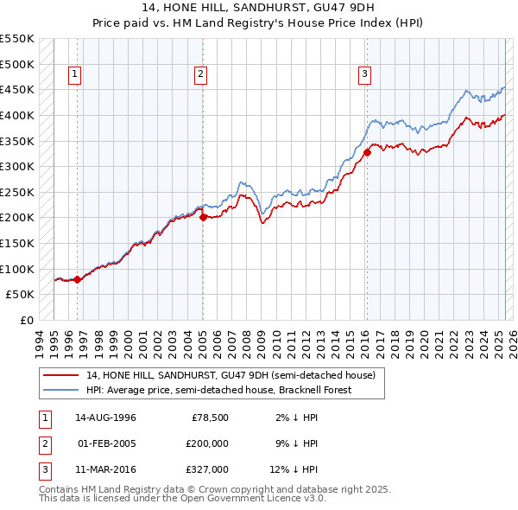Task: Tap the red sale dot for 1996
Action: (x=77, y=279)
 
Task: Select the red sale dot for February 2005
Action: (x=203, y=218)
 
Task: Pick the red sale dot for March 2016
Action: (x=367, y=153)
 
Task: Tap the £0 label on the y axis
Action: (x=25, y=320)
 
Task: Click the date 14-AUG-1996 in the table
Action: (x=106, y=418)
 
